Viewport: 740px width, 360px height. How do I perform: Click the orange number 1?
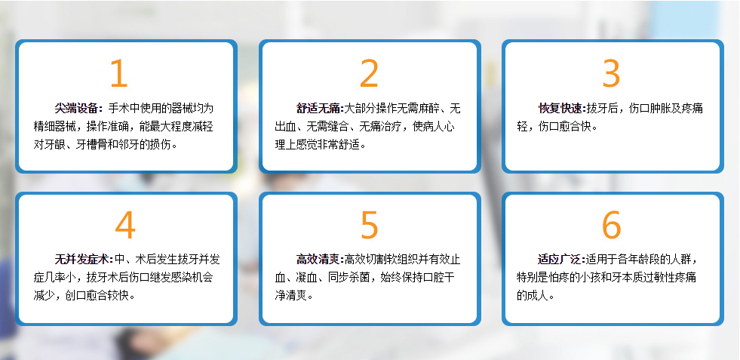119,73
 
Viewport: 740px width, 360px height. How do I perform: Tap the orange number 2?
369,73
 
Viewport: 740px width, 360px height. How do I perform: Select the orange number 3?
611,73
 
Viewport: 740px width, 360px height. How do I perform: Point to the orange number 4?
125,225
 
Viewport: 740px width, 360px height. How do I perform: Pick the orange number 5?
369,225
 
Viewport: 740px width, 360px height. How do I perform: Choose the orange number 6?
611,225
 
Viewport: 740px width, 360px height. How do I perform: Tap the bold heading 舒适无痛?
318,108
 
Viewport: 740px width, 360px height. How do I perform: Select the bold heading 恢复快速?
560,108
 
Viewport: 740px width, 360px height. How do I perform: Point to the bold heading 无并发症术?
81,260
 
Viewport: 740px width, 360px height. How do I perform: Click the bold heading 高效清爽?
318,260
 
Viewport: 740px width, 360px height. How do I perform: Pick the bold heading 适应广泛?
560,260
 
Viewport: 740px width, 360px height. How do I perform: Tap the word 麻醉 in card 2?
428,108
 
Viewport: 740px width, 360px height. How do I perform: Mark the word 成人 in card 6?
538,296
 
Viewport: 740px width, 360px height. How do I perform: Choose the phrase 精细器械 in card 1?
54,127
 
